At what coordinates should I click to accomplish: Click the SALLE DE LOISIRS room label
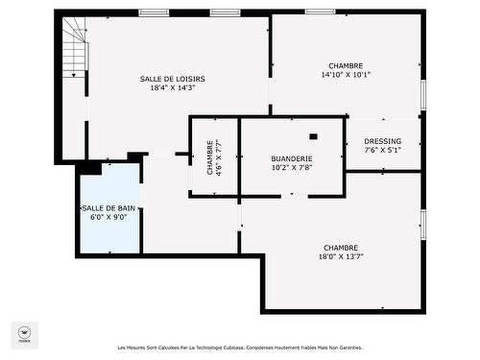pos(173,79)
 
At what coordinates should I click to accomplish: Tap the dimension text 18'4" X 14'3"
pos(173,88)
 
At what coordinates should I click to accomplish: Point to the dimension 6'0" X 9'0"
pos(108,217)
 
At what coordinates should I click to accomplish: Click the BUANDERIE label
pos(292,158)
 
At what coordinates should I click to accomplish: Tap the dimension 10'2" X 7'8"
pos(292,168)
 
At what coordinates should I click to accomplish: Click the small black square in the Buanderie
pos(313,136)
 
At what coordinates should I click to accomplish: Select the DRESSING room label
pos(383,141)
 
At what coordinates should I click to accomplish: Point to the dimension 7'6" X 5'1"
pos(383,150)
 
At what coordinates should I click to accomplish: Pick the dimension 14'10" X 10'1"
pos(346,74)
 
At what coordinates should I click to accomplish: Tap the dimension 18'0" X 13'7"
pos(341,256)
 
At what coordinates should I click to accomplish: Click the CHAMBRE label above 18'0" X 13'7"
pos(341,247)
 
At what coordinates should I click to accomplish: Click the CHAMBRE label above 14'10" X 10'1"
pos(346,64)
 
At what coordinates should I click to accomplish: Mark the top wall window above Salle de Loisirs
pos(154,12)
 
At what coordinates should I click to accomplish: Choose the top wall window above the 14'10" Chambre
pos(320,12)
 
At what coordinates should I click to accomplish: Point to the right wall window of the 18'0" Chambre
pos(422,224)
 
